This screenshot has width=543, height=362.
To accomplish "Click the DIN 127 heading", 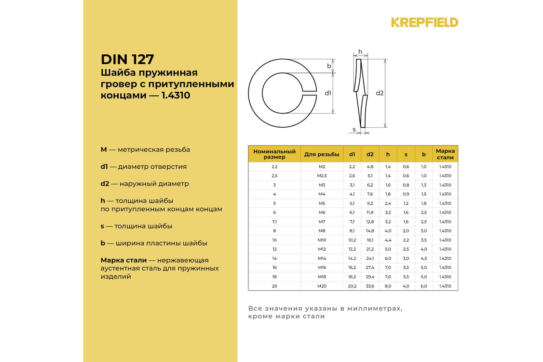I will click(127, 59).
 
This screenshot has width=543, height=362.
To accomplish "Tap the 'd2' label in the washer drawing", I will click(380, 93).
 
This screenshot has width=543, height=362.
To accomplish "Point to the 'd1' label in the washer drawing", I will click(328, 93).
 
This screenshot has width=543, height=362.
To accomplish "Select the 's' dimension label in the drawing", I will click(354, 130).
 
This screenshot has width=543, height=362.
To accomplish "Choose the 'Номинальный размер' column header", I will click(274, 154).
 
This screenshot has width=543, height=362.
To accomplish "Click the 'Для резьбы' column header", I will click(322, 154).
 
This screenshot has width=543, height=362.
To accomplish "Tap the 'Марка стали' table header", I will click(445, 154).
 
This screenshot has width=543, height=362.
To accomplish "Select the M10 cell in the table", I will click(322, 240).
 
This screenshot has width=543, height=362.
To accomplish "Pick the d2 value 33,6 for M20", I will click(370, 286).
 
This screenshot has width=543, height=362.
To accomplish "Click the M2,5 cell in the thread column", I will click(322, 176).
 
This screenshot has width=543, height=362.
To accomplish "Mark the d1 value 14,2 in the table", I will click(352, 258).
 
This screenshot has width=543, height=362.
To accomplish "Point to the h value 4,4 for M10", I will click(388, 240).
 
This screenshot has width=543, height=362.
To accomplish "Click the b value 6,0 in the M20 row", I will click(424, 286).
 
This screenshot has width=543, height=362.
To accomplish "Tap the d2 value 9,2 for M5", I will click(370, 203).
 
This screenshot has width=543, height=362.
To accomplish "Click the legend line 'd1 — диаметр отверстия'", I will click(143, 167).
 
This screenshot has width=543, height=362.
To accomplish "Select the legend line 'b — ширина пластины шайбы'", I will click(154, 243).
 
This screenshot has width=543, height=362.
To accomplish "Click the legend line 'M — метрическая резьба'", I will click(145, 149).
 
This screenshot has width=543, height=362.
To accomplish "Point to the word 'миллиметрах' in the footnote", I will click(373, 308).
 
